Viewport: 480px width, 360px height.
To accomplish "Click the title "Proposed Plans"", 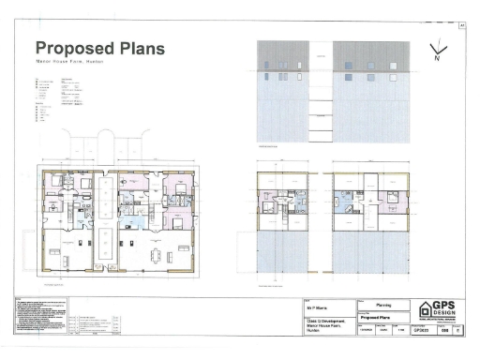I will pyautogui.click(x=98, y=48).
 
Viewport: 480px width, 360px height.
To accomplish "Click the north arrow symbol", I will pyautogui.click(x=436, y=52).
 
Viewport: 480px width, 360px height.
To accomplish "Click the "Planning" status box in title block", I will pyautogui.click(x=383, y=305).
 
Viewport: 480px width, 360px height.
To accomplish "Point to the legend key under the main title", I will pyautogui.click(x=52, y=98).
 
